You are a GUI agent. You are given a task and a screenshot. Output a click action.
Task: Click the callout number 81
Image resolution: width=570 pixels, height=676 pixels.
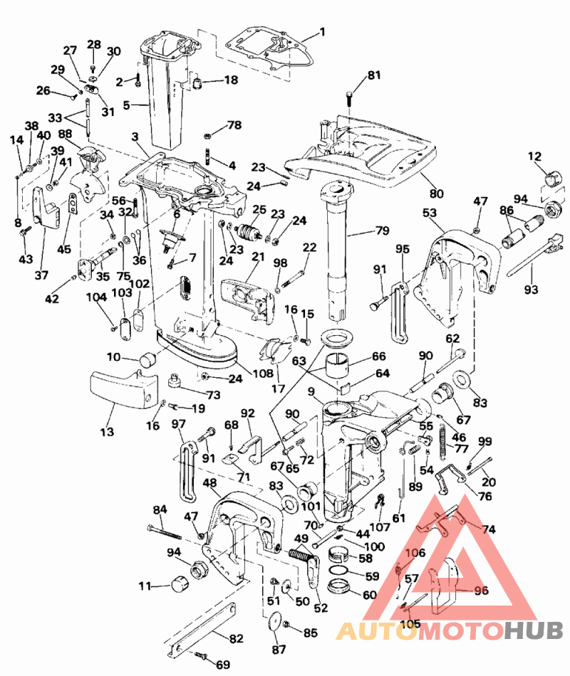(x=374, y=75)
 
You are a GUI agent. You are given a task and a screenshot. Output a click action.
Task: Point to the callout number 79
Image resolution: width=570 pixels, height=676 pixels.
(x=383, y=231)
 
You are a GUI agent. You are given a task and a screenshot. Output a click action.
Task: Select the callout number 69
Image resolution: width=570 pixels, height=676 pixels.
(x=222, y=665)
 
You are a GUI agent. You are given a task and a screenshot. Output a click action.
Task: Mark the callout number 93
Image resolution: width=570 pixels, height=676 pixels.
(x=531, y=289)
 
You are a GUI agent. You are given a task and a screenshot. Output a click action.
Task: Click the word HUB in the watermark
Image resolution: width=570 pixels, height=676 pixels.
(x=534, y=630)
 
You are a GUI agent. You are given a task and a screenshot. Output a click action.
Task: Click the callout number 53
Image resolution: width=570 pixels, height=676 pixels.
(x=429, y=212)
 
